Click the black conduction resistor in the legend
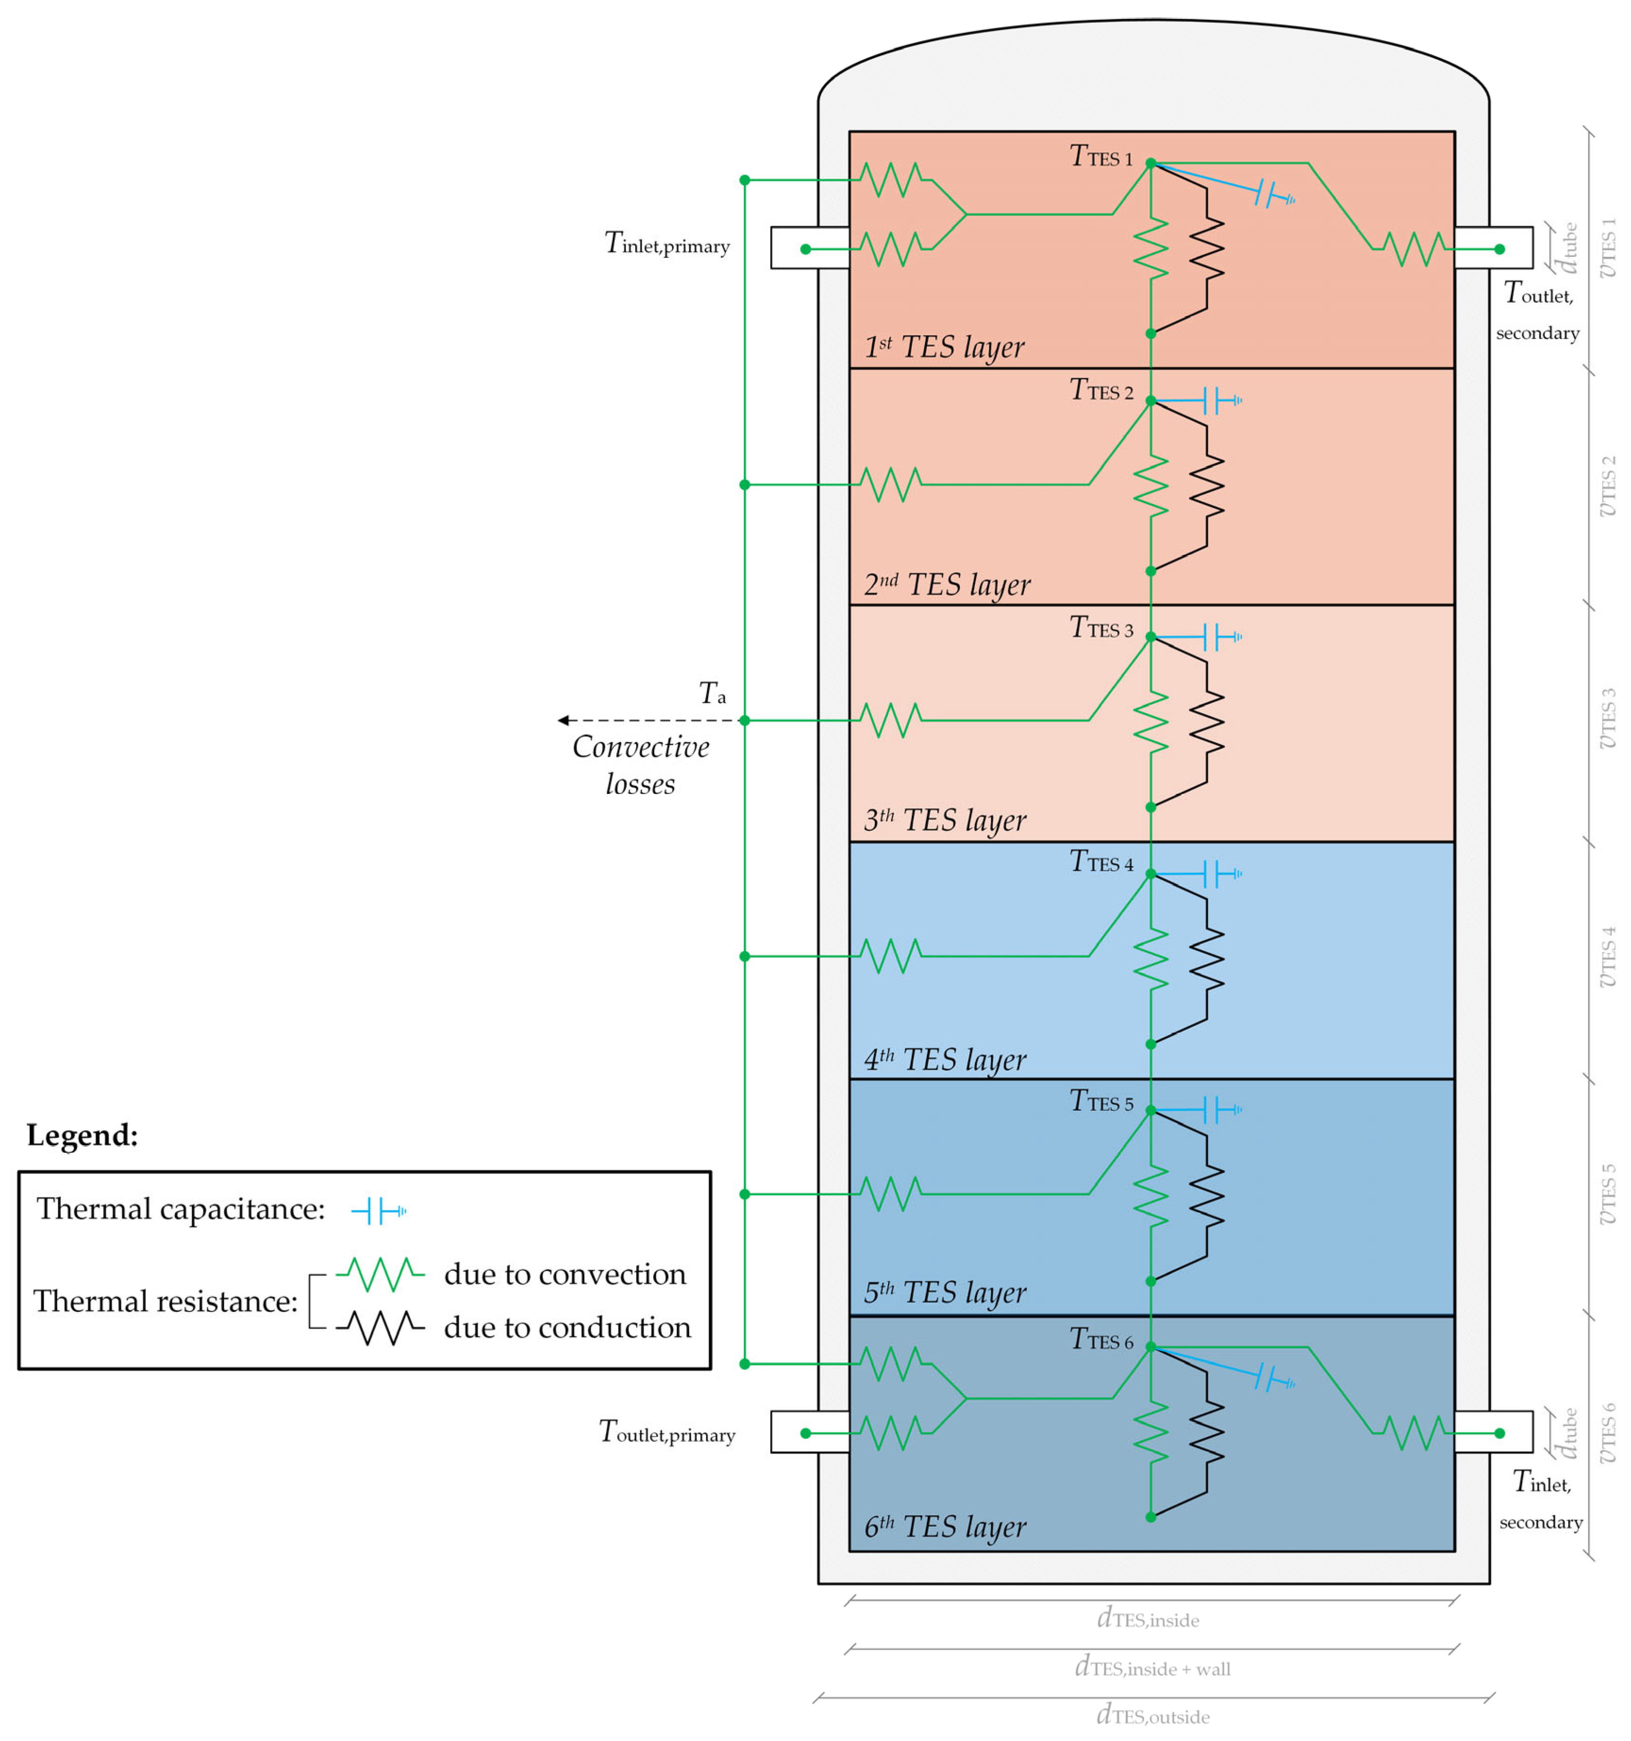pyautogui.click(x=380, y=1327)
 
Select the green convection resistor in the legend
pyautogui.click(x=380, y=1274)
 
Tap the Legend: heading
pyautogui.click(x=82, y=1136)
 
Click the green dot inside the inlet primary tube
pyautogui.click(x=806, y=250)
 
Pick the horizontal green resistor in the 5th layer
pyautogui.click(x=891, y=1194)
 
